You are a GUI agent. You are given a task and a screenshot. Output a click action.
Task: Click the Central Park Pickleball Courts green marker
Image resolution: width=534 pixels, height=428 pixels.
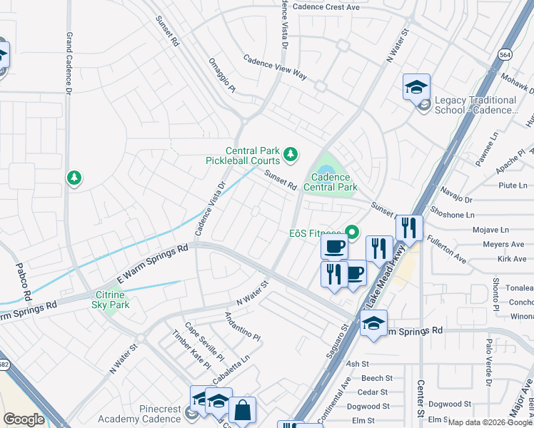click(291, 153)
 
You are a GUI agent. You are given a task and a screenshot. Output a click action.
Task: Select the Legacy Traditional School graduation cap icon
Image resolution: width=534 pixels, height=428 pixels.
click(416, 88)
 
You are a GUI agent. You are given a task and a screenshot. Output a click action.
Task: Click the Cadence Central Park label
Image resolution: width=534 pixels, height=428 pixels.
click(330, 183)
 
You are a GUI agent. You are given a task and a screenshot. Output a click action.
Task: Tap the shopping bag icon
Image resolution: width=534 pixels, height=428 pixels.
click(242, 411)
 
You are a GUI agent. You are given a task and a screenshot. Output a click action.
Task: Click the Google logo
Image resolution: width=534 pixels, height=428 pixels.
click(24, 419)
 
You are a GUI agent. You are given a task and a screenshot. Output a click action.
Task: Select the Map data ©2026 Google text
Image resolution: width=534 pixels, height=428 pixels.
click(490, 422)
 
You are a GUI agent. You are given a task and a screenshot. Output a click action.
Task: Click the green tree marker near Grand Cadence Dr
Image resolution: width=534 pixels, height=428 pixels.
click(74, 178)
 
